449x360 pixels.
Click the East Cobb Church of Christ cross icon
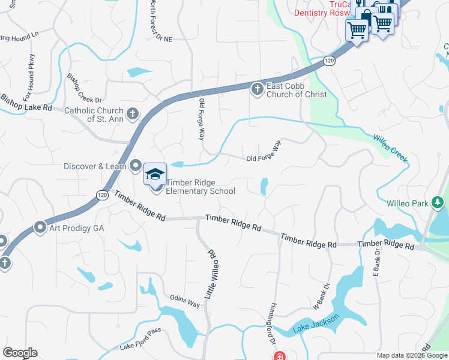[257, 89]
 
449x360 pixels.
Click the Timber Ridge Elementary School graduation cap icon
[155, 175]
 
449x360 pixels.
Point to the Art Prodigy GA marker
[40, 227]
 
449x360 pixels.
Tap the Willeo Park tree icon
[439, 203]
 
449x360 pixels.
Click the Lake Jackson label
[316, 323]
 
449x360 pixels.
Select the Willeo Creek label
[390, 149]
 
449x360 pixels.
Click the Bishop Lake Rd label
[26, 103]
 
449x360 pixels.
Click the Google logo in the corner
[20, 353]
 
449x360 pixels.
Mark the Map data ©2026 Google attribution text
[411, 355]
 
